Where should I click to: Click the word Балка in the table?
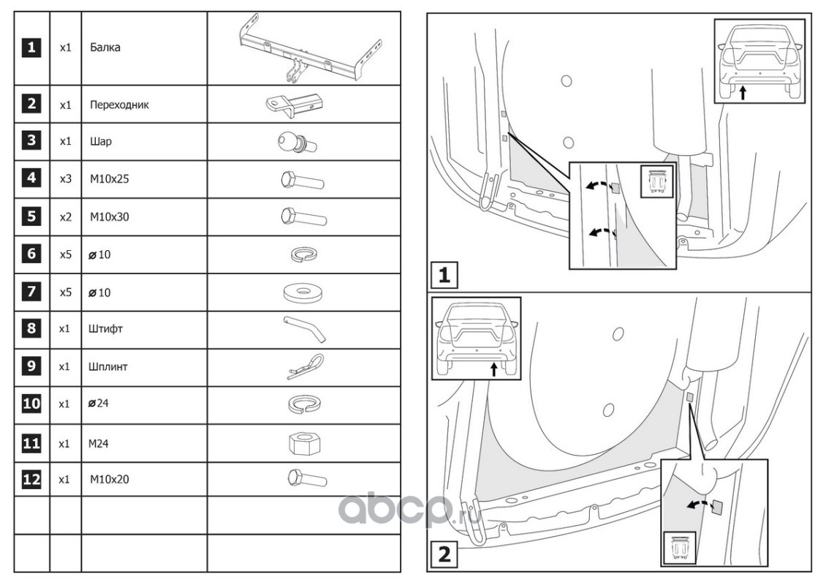point(105,48)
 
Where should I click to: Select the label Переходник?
point(119,105)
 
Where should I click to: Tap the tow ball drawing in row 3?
point(295,143)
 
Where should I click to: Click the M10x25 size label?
point(110,179)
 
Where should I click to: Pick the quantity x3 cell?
point(65,179)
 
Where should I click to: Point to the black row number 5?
point(31,216)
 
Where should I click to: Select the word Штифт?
point(107,329)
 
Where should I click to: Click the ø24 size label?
point(102,404)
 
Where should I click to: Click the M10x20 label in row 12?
point(110,480)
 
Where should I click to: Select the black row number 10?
point(31,404)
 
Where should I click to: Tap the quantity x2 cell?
point(65,217)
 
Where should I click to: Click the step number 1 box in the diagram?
point(443,276)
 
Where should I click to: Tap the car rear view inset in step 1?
point(759,61)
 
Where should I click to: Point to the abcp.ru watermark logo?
point(409,507)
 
